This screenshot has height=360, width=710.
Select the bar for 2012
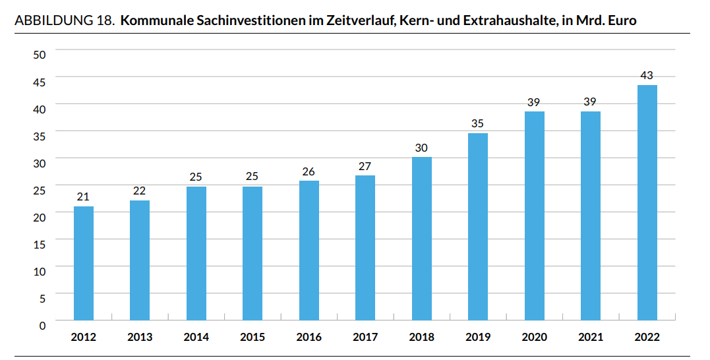(x=83, y=263)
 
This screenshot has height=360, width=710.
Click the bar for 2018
(x=421, y=239)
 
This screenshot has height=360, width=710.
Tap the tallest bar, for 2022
(x=647, y=202)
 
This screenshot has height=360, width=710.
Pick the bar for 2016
(x=309, y=251)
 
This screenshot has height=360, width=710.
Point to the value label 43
(x=647, y=75)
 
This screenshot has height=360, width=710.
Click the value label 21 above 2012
(x=83, y=196)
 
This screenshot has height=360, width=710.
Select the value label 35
(x=477, y=123)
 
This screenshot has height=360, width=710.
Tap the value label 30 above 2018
(x=421, y=148)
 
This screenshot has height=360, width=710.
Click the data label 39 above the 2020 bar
(x=534, y=102)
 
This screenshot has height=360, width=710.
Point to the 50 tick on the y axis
(x=40, y=55)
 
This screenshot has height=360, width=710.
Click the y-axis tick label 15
(x=40, y=245)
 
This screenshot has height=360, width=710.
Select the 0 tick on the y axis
(x=43, y=326)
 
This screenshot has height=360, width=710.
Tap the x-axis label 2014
(x=196, y=337)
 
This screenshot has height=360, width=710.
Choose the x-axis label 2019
(x=478, y=337)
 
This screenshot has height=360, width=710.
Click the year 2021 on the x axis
(x=591, y=337)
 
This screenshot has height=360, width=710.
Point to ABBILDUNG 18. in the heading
(x=65, y=20)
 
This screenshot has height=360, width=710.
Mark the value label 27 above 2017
(x=365, y=166)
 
